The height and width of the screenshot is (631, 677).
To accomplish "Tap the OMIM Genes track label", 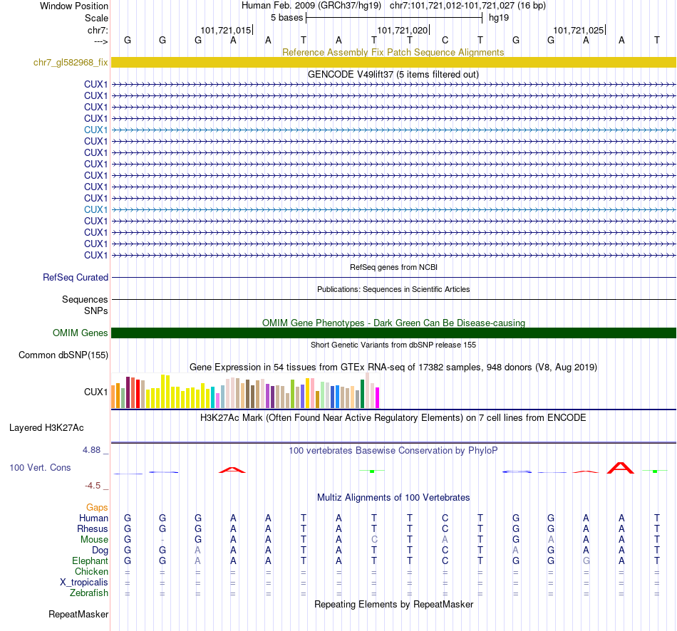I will click(80, 333).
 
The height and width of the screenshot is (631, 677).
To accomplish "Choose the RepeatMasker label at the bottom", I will click(78, 614).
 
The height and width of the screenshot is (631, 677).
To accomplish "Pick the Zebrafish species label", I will click(89, 593).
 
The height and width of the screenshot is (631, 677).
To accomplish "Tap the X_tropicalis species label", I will click(84, 582).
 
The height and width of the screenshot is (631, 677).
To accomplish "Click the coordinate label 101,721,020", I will click(403, 31).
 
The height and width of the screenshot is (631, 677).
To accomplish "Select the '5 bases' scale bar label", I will click(286, 17).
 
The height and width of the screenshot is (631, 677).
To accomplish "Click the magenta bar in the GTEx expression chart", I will click(378, 397).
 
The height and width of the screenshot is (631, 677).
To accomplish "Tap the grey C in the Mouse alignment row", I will click(374, 540).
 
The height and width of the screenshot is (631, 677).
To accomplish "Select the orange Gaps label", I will click(97, 507).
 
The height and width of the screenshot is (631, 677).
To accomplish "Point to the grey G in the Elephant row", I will click(586, 561).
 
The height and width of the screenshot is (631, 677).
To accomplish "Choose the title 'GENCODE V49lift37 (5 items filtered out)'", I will click(393, 74).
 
